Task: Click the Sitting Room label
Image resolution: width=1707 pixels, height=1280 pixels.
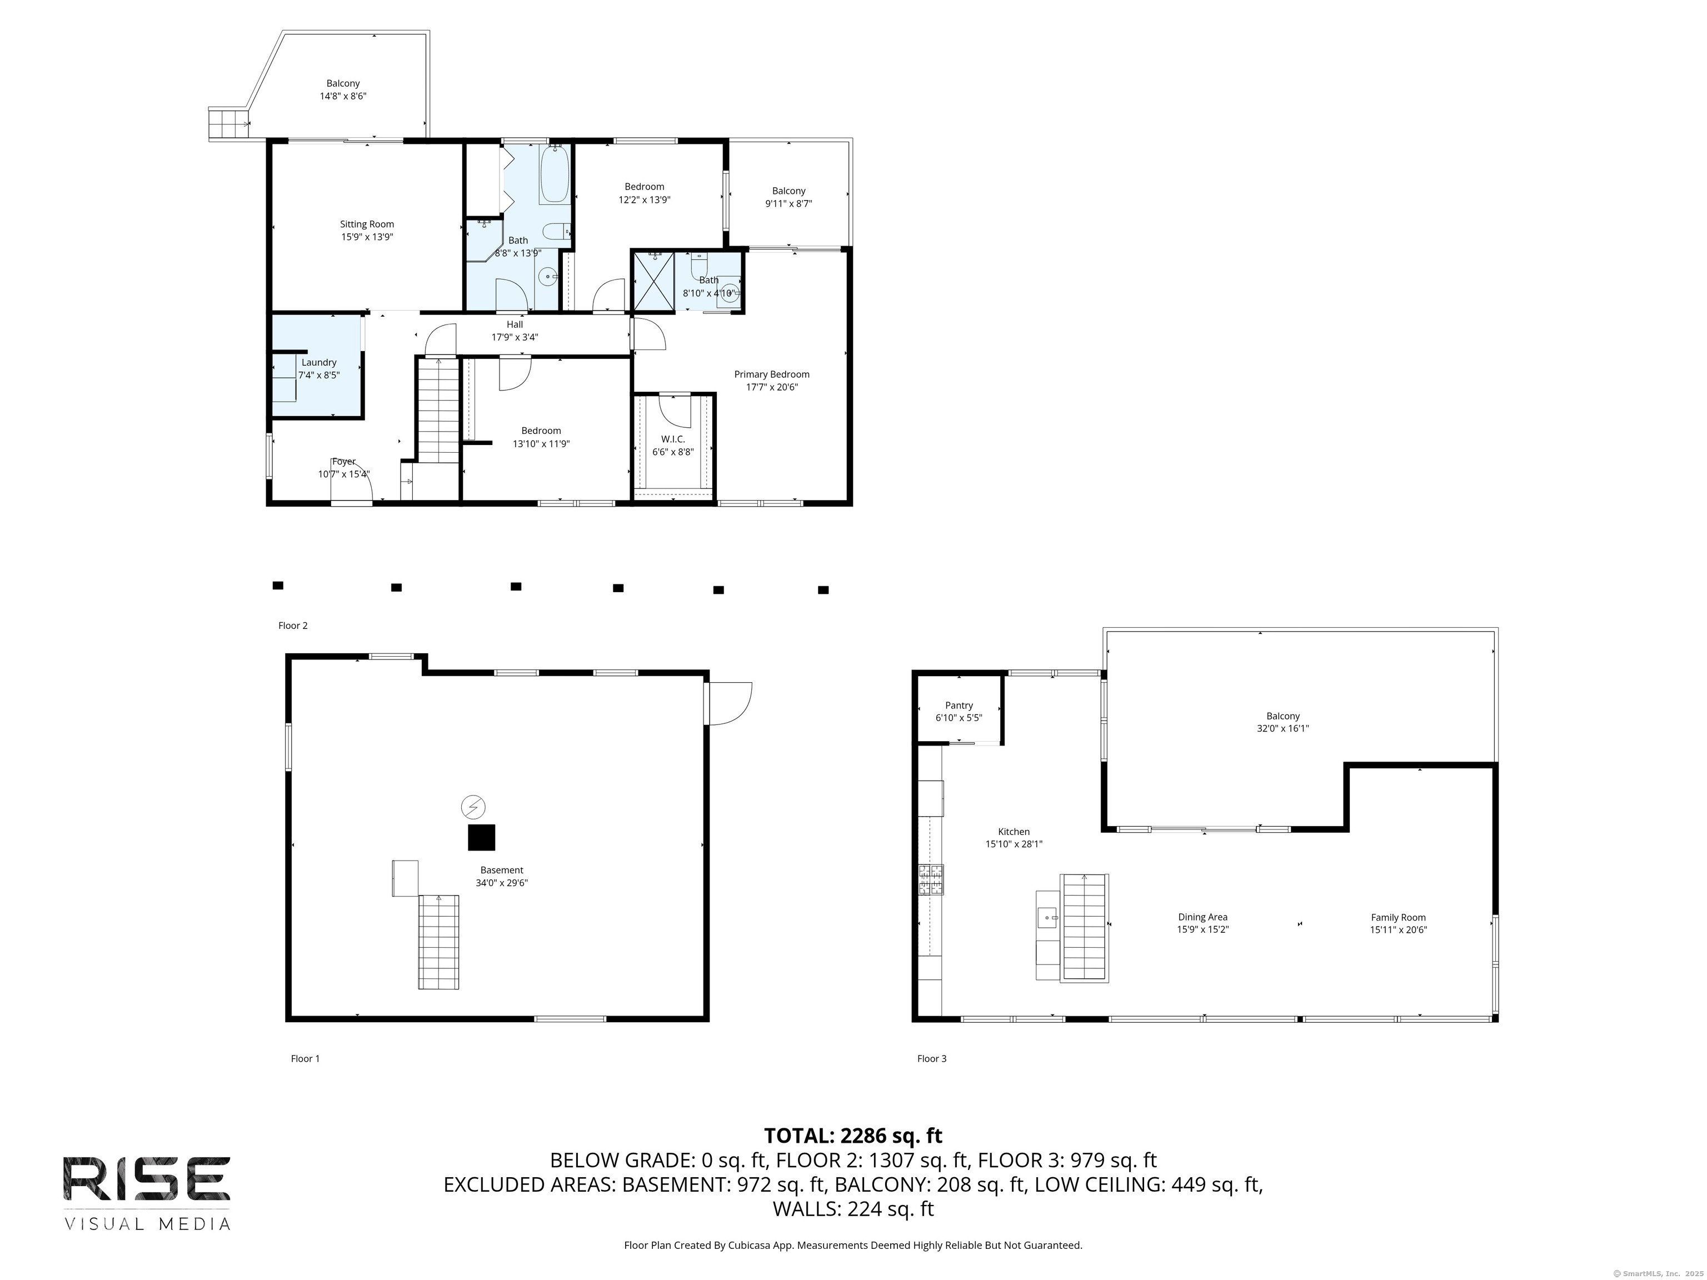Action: point(367,224)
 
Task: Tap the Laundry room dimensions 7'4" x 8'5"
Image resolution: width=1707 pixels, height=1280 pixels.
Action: point(319,375)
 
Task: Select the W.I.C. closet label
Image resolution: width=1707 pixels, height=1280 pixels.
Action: point(673,439)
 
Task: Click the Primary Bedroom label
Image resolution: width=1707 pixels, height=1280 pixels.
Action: point(772,374)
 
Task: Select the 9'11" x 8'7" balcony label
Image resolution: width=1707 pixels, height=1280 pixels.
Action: point(788,204)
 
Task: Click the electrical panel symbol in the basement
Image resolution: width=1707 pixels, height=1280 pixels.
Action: point(473,807)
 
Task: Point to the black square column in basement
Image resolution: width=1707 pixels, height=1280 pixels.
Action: point(482,837)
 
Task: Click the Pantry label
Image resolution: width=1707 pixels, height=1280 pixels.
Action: point(959,705)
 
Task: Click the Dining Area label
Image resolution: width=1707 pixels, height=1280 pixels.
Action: point(1202,917)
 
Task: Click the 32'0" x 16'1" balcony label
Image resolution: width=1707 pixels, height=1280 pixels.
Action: point(1282,728)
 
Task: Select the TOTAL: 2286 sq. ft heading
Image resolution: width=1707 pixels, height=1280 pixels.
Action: point(853,1136)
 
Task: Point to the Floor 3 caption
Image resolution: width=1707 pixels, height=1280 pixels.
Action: point(931,1058)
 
